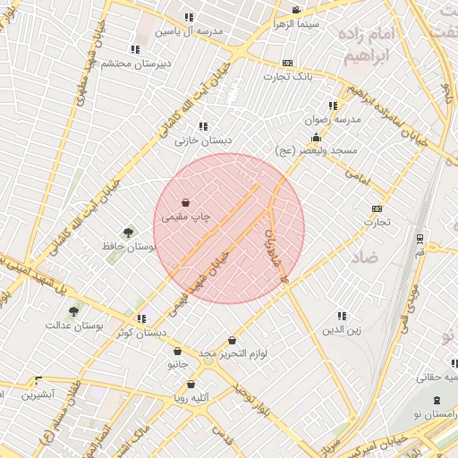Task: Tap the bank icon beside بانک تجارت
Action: point(287,64)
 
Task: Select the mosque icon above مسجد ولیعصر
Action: point(316,138)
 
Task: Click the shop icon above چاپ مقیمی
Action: point(185,203)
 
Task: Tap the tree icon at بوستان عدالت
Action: point(73,312)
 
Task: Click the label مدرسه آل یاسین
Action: point(189,30)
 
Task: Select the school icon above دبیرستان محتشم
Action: point(135,50)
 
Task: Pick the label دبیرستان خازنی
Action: point(203,140)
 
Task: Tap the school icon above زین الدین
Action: point(341,316)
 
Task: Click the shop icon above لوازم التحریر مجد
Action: point(233,341)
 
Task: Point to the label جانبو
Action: point(178,364)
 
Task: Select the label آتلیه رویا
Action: point(191,397)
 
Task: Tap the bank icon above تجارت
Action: point(377,208)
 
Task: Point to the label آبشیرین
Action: point(38,394)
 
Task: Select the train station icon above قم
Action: point(420,238)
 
